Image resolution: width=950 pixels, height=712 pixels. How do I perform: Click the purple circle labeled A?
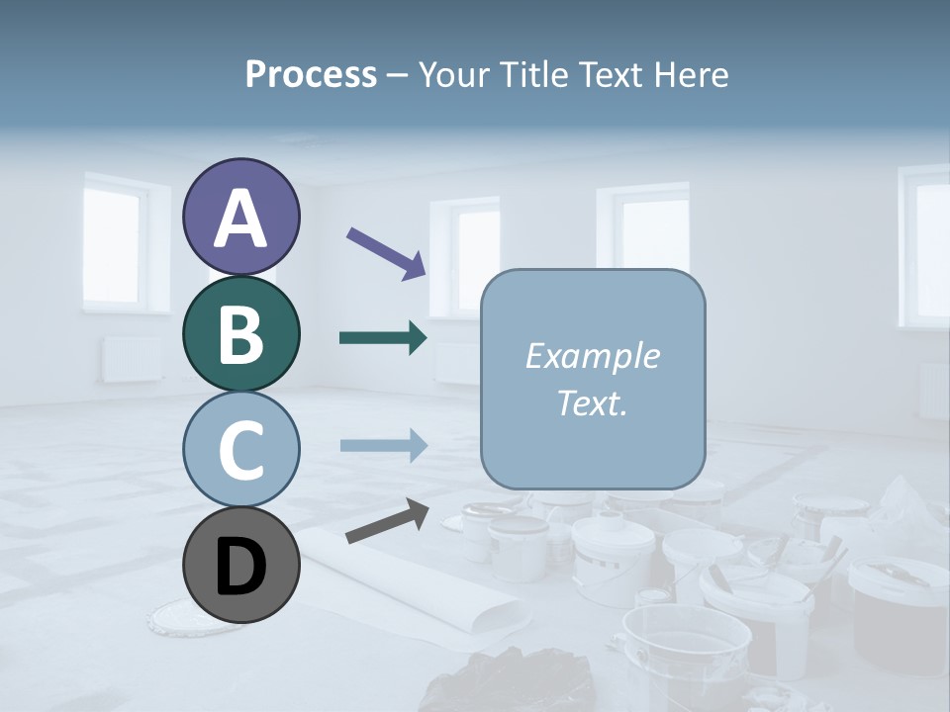pos(240,218)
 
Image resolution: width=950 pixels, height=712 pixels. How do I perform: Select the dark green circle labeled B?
pos(240,333)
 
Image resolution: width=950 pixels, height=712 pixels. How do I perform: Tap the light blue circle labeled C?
pos(240,449)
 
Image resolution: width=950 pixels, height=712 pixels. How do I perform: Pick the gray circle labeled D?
pos(240,565)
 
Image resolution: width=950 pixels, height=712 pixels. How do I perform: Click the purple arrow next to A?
pos(386,253)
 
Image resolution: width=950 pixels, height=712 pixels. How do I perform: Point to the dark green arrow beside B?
pos(383,338)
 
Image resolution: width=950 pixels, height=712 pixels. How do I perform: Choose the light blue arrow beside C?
pos(383,445)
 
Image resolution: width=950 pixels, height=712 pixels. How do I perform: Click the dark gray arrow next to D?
pos(387,521)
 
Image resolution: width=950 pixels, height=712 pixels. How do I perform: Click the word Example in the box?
pos(592,356)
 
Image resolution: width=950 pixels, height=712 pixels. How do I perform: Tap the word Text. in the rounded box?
pos(592,403)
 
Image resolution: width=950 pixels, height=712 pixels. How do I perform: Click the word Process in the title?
pos(311,74)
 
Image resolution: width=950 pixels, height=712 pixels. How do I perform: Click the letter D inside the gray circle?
pos(240,567)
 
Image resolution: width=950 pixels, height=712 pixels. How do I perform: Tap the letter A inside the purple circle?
pos(240,220)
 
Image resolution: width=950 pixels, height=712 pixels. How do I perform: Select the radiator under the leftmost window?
pos(132,359)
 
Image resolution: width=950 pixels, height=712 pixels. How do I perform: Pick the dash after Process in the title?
pos(397,75)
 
